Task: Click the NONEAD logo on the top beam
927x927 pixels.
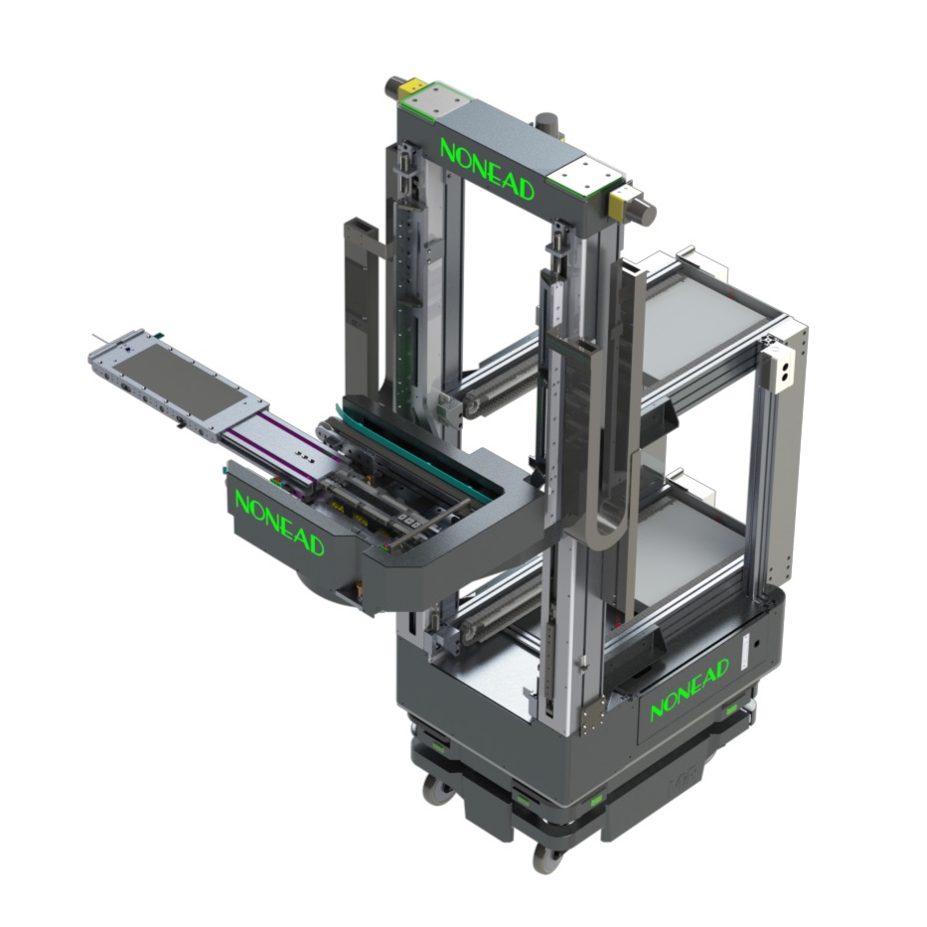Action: point(487,169)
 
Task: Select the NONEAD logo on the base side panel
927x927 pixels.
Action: point(690,690)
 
